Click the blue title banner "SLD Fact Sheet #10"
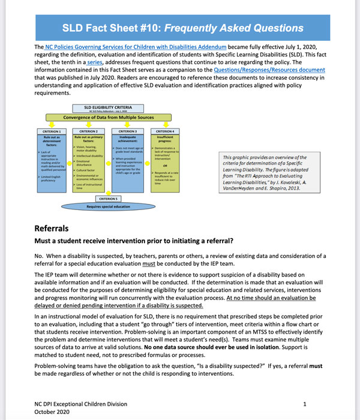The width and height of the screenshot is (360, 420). point(180,28)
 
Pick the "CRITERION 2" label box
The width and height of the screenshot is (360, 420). point(88,131)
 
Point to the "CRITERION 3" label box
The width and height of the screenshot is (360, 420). point(127,131)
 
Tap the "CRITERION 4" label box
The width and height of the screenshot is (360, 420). point(164,131)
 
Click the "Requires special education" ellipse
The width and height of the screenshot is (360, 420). point(109,206)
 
